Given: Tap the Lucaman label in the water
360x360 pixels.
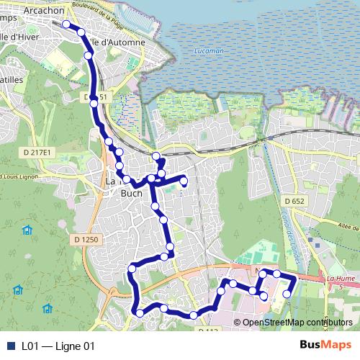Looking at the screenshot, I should point(210,52).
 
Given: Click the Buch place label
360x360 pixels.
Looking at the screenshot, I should point(132,193).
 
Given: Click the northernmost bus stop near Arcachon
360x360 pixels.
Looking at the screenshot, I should point(66,24).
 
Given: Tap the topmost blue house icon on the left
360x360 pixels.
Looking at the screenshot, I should point(27,230).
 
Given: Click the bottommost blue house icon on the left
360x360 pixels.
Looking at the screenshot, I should point(48,308).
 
